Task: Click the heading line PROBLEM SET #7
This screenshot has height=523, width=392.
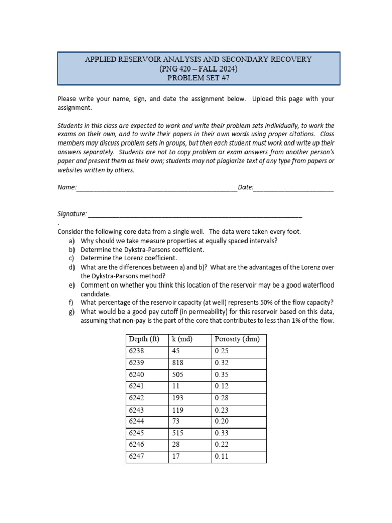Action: [x=198, y=77]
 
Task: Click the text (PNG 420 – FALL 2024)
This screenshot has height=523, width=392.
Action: [x=198, y=68]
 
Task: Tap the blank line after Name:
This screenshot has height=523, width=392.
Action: [x=157, y=188]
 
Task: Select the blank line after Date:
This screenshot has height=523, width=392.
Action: [x=293, y=188]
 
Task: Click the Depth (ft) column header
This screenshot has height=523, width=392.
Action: [x=144, y=339]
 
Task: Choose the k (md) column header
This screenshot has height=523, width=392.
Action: [x=182, y=339]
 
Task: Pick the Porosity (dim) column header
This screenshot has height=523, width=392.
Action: [x=237, y=339]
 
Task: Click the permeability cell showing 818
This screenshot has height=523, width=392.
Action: [x=178, y=363]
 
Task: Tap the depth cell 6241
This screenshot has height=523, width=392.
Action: [x=137, y=386]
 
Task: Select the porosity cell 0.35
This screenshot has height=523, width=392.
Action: [x=222, y=374]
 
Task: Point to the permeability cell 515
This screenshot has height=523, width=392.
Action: [x=178, y=433]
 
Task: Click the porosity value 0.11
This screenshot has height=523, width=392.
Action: [x=222, y=456]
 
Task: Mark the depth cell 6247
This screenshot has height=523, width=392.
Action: [x=137, y=456]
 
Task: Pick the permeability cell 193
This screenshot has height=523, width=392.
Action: [x=178, y=398]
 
